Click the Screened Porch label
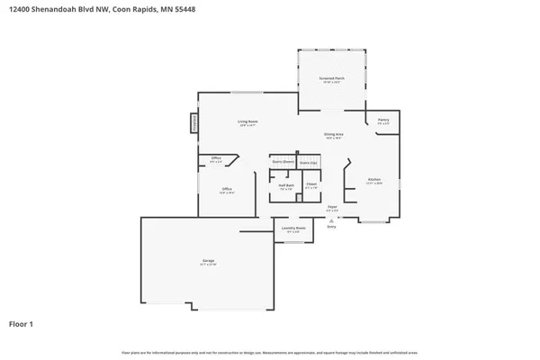tap(332, 80)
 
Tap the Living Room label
tap(247, 122)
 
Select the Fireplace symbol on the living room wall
tap(193, 122)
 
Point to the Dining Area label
tap(333, 136)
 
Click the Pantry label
tap(382, 121)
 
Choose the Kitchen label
tap(373, 181)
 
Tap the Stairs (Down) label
tap(283, 162)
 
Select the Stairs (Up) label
tap(309, 162)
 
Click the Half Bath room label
tap(285, 187)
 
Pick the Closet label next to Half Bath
tap(310, 184)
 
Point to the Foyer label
tap(332, 208)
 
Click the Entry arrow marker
tap(331, 221)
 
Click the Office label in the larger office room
tap(228, 190)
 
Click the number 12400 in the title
tap(21, 9)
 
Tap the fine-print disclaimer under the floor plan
tap(270, 352)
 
